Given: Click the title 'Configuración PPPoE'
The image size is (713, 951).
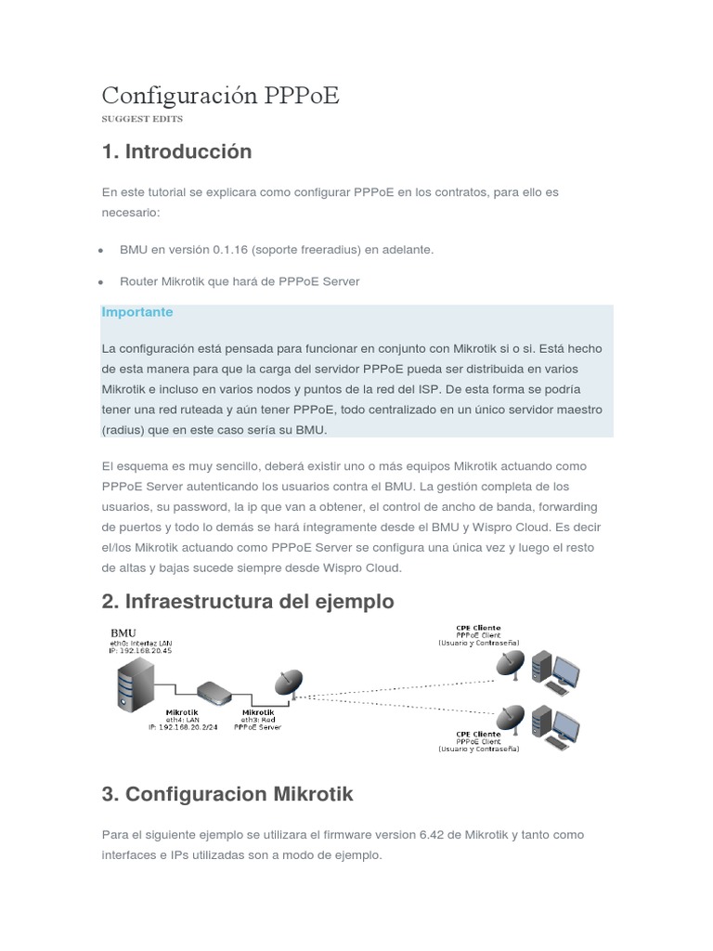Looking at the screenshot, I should (x=220, y=96).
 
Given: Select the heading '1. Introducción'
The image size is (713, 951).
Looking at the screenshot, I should (x=176, y=150).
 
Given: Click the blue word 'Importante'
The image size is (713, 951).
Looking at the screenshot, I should (x=137, y=312).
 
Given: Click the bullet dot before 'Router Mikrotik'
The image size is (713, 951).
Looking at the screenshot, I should (x=99, y=282).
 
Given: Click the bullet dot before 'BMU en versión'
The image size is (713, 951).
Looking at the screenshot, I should (x=99, y=251).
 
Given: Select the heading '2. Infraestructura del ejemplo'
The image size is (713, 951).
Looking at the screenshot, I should (x=248, y=602).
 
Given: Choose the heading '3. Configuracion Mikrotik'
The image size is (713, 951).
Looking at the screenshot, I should (x=227, y=794).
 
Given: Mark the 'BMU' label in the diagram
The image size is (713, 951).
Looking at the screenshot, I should (x=123, y=632).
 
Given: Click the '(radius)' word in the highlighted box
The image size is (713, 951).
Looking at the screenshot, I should (x=123, y=430).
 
